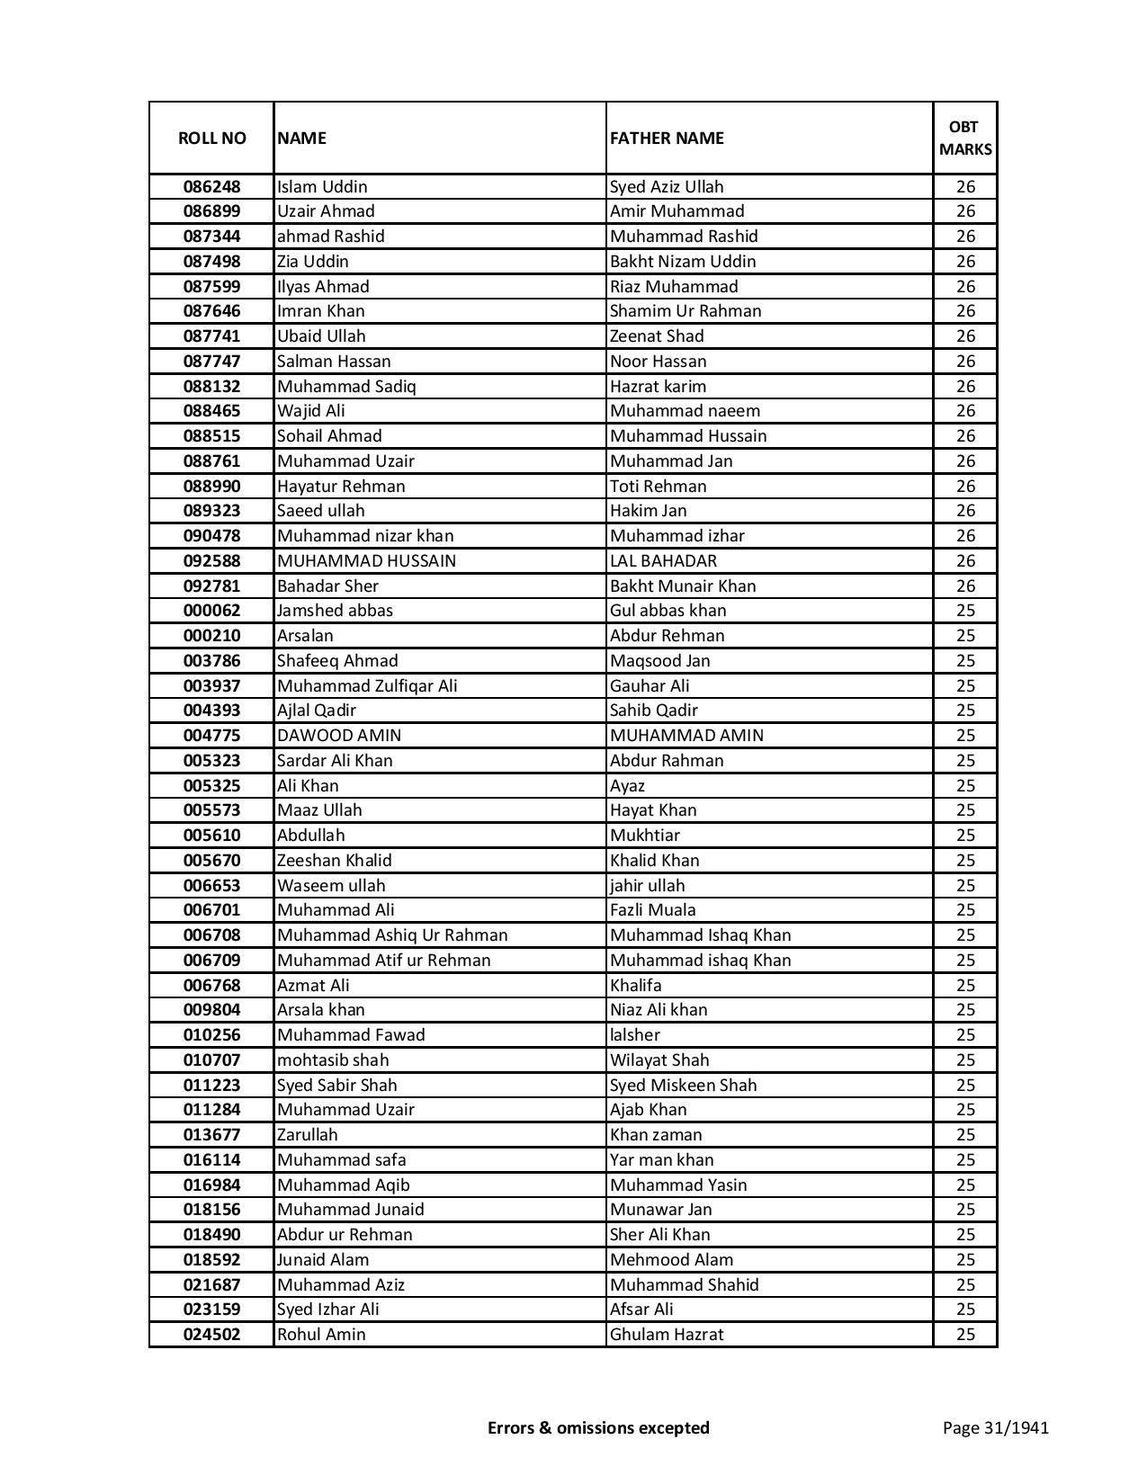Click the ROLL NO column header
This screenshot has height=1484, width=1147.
point(211,138)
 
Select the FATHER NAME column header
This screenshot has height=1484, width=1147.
point(667,138)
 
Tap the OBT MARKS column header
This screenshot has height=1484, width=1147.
point(965,138)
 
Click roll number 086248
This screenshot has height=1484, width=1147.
point(211,187)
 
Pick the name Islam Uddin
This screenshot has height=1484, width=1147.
point(322,187)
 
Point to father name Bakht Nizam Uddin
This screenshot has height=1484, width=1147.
point(683,262)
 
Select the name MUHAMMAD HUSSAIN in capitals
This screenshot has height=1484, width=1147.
point(366,561)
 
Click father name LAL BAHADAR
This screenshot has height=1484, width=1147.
point(663,561)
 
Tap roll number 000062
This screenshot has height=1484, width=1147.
point(211,611)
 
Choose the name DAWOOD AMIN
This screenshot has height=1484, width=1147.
point(339,736)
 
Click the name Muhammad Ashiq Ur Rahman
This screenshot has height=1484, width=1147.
point(392,935)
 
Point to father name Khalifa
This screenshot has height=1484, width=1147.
point(635,986)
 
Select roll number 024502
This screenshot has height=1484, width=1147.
point(211,1335)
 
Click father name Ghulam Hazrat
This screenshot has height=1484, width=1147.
point(666,1335)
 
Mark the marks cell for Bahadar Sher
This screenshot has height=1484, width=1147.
point(965,586)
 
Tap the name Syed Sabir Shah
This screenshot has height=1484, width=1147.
point(336,1086)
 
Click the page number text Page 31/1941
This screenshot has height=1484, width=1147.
point(995,1427)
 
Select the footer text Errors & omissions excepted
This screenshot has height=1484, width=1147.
point(598,1427)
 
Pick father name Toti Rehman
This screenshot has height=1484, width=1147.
point(658,487)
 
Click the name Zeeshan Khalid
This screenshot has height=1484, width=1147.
point(334,861)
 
